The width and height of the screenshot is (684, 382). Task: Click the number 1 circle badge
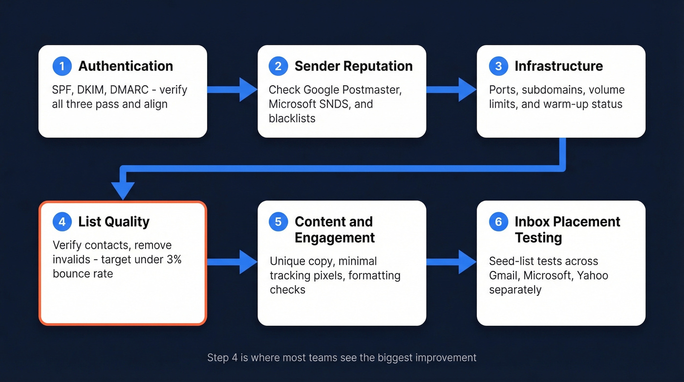tap(62, 66)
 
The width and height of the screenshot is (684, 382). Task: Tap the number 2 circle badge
tap(278, 66)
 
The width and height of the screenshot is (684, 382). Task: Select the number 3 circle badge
tap(498, 66)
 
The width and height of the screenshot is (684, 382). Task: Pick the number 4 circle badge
tap(62, 222)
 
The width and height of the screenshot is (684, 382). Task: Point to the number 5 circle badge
tap(278, 222)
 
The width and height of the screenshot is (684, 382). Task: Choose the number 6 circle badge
tap(498, 222)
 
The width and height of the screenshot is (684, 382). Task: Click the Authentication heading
tap(126, 66)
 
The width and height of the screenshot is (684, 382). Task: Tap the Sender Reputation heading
tap(353, 66)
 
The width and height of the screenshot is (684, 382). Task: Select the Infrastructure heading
tap(558, 66)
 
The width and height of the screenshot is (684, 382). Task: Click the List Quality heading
tap(113, 222)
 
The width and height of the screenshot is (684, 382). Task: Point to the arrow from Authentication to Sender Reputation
tap(232, 90)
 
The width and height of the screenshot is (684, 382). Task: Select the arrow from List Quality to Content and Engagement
tap(232, 262)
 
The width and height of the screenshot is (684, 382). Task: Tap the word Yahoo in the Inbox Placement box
tap(592, 275)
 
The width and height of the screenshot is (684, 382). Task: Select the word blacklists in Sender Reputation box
tap(292, 118)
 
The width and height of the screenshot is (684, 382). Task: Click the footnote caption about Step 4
tap(342, 358)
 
